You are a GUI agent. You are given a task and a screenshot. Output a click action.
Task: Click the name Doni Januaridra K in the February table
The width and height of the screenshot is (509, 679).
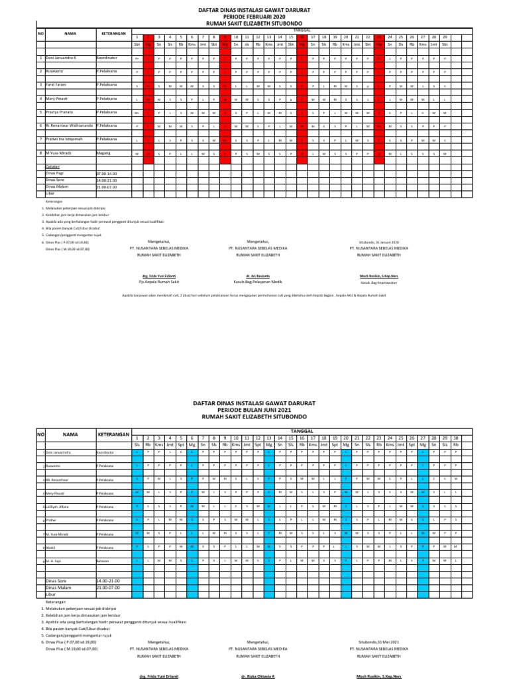(x=62, y=58)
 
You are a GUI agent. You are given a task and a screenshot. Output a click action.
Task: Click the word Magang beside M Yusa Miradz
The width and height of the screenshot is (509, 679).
(x=104, y=153)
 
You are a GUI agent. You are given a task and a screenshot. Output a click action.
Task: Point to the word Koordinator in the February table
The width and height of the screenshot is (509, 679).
(x=109, y=58)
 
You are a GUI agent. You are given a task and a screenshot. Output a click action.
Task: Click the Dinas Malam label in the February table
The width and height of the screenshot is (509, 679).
(x=57, y=186)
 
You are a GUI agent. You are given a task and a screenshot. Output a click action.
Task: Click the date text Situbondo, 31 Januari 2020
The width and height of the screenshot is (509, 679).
(x=378, y=243)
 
